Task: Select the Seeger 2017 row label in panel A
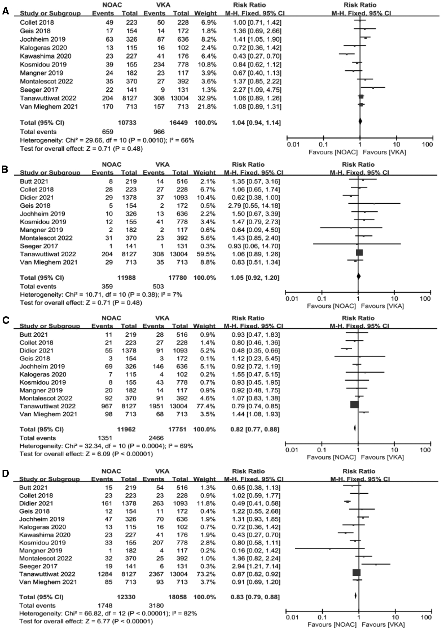tap(39, 90)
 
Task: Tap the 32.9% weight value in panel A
tap(205, 98)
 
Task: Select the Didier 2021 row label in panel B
tap(37, 198)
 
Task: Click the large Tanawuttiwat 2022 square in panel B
tap(359, 253)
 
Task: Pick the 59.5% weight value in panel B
tap(204, 254)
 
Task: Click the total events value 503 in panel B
tap(158, 286)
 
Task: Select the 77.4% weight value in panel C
tap(204, 406)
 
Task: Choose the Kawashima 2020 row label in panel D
tap(45, 535)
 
